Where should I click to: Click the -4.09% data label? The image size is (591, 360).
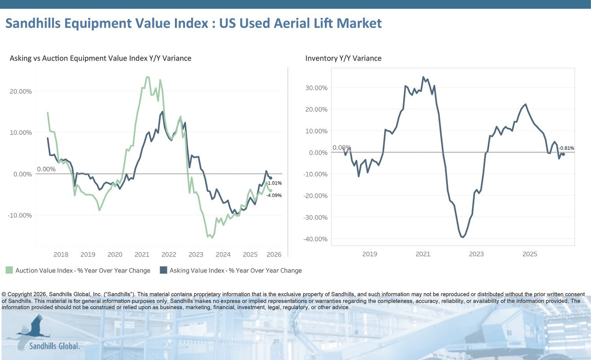pos(274,195)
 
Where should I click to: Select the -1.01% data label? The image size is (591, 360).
pos(274,183)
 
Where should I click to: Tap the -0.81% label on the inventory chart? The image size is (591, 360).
pos(566,148)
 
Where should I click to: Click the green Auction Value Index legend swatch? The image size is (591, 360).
pos(9,270)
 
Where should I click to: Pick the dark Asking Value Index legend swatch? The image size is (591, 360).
pos(164,270)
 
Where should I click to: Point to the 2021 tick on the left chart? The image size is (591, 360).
pos(142,254)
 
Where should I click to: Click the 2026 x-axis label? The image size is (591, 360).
pos(274,254)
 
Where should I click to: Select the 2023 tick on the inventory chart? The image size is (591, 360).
pos(476,254)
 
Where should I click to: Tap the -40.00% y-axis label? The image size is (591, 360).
pos(315,239)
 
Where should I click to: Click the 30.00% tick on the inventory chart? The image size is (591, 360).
pos(316,88)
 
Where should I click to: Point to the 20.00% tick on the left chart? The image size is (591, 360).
pos(20,91)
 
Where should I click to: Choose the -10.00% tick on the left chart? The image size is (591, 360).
pos(20,215)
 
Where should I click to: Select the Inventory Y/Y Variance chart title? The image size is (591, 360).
pos(343,58)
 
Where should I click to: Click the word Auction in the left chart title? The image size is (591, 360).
pos(55,58)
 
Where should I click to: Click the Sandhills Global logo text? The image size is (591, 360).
pos(54,346)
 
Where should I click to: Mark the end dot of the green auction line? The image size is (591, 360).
pos(270,191)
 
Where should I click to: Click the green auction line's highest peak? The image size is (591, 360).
pos(147,77)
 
